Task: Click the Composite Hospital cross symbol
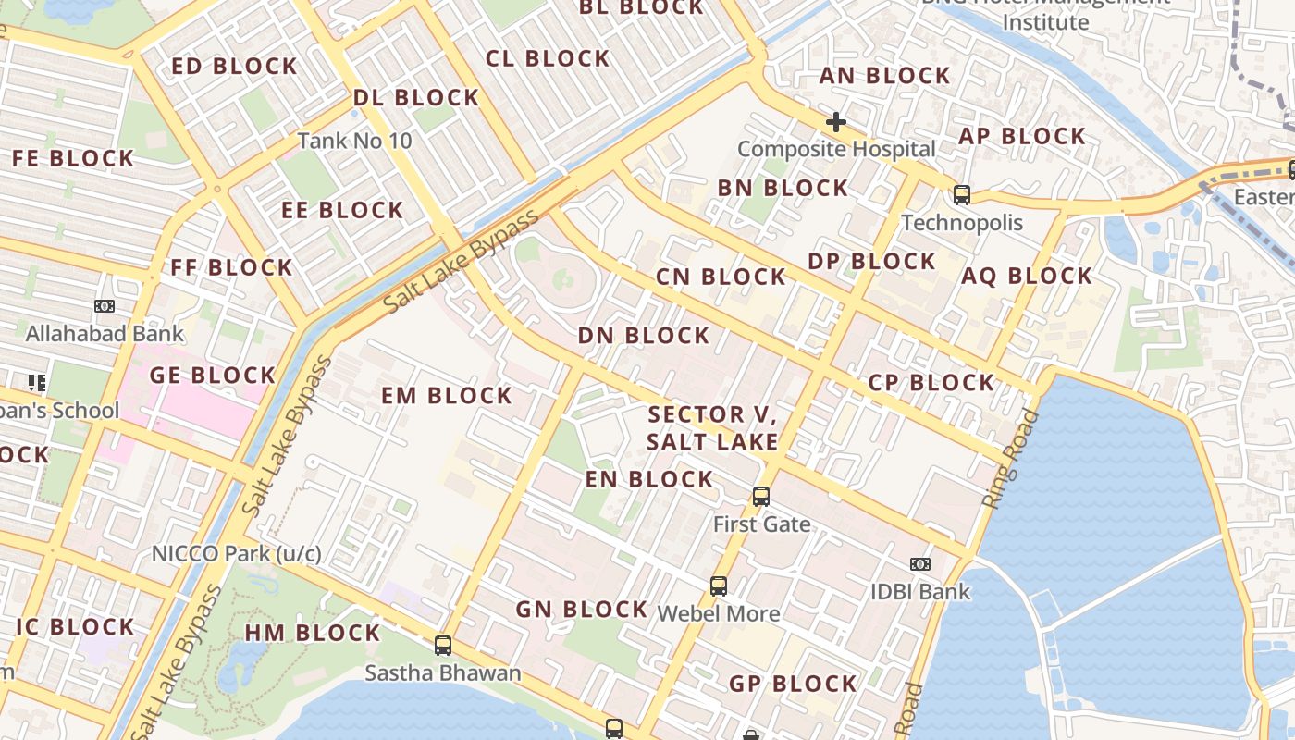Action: [836, 122]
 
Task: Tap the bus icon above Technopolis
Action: [962, 195]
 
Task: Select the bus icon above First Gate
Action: [761, 497]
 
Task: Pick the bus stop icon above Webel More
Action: [719, 586]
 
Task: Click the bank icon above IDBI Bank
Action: [919, 564]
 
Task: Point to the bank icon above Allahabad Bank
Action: [105, 306]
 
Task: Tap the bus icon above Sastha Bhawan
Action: [443, 646]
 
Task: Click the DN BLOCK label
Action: [644, 336]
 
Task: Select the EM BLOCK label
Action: [447, 396]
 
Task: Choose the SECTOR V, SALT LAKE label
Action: [712, 428]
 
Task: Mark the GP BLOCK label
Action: [794, 684]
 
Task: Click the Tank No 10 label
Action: [354, 142]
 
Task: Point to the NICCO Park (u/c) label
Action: [237, 554]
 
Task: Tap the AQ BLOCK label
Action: [1027, 276]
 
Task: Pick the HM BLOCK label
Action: [313, 634]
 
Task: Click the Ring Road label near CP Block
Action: [1011, 459]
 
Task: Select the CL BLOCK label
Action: [548, 58]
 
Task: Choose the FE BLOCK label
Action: [73, 158]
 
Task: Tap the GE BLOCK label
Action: [213, 376]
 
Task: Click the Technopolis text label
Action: [962, 223]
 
